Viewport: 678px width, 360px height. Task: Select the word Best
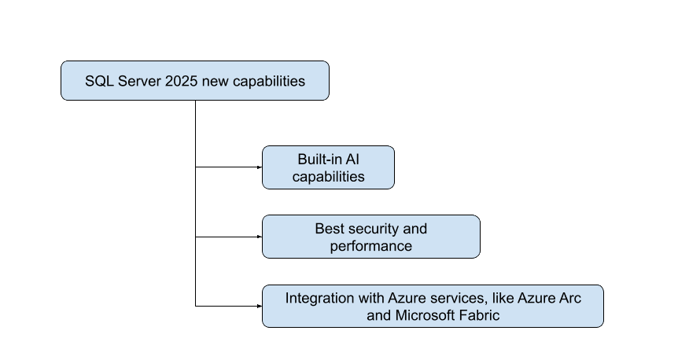pyautogui.click(x=329, y=229)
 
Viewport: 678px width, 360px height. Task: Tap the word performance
pyautogui.click(x=371, y=246)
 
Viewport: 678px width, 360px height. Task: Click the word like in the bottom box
pyautogui.click(x=504, y=299)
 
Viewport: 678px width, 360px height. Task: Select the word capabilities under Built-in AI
pyautogui.click(x=328, y=176)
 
